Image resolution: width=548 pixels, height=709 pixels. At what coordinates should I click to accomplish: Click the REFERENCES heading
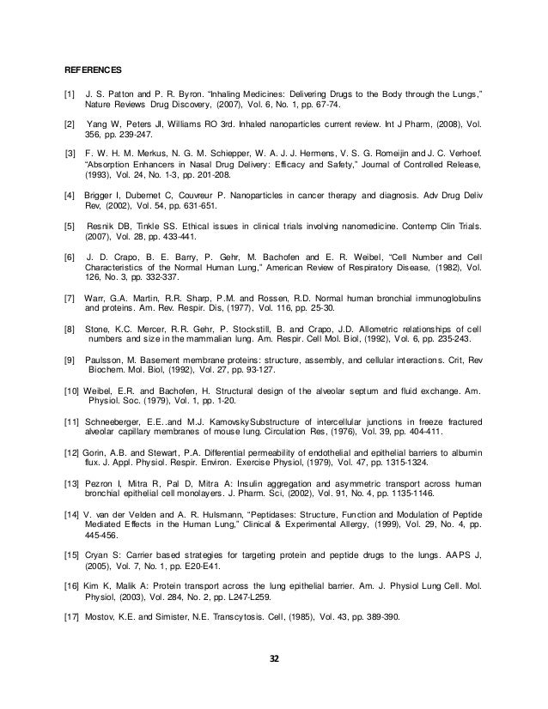tap(94, 68)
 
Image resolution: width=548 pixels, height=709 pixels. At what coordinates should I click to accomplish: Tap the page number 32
tap(275, 659)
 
